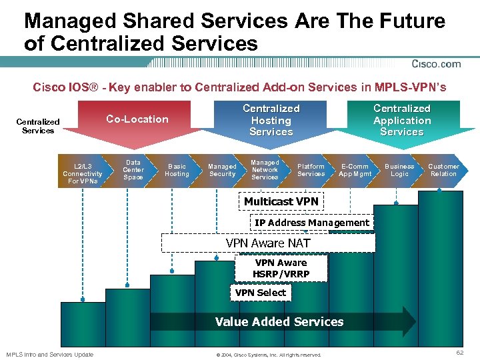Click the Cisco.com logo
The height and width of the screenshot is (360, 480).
click(436, 64)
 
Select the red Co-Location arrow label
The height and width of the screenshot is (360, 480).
click(137, 119)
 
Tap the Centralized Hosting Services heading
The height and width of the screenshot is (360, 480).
click(271, 120)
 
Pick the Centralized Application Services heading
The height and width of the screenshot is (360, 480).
click(402, 120)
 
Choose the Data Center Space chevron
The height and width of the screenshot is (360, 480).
click(133, 169)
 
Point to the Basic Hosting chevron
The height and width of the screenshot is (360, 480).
click(177, 170)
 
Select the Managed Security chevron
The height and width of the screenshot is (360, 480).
click(222, 170)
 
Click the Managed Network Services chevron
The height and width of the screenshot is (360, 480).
click(265, 169)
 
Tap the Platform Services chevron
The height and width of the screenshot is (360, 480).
click(311, 170)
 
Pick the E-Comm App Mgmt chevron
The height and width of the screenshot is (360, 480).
click(355, 170)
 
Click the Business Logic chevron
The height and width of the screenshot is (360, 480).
click(399, 170)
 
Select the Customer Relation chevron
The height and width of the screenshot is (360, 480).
click(443, 170)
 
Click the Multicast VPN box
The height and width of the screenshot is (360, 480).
click(281, 201)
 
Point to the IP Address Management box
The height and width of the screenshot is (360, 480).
click(311, 223)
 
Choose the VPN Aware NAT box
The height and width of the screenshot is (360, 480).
click(268, 243)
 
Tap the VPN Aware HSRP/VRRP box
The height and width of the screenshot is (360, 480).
click(281, 268)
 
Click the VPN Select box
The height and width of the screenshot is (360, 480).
click(260, 293)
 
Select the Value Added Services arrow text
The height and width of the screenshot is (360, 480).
click(279, 322)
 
